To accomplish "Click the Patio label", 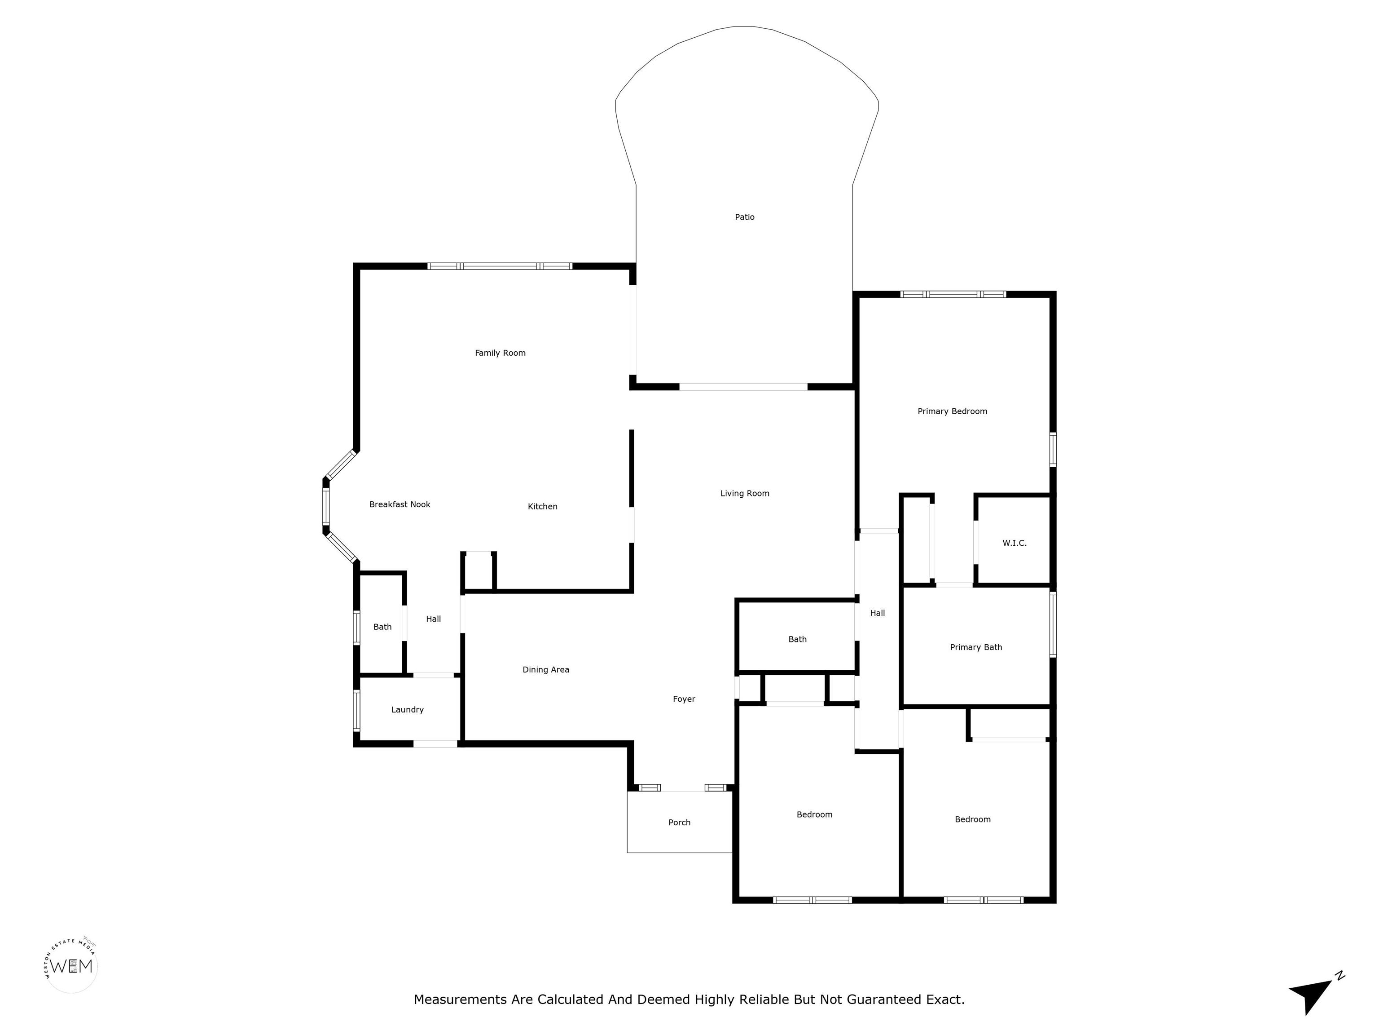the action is point(744,217).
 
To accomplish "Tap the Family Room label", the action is point(500,353).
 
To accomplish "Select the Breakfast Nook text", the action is point(400,504).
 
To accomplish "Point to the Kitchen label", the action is point(542,507).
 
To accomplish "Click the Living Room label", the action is point(744,494).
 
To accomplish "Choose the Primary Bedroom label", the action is point(952,411).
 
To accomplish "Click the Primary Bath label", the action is point(975,647).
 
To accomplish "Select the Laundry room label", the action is point(407,710).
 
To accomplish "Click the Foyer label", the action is point(684,699).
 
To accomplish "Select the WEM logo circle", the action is point(72,966).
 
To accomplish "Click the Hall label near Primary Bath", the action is point(877,613).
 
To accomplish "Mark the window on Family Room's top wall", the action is point(500,266).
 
